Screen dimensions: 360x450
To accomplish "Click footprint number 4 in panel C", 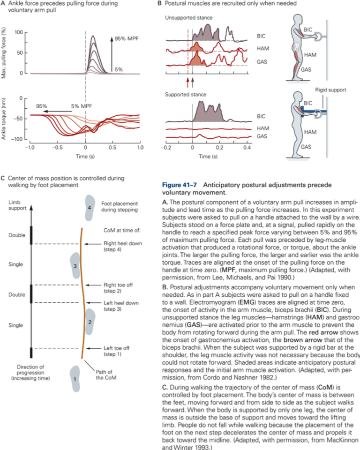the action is pos(90,208).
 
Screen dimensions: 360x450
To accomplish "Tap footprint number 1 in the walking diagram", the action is pos(75,379).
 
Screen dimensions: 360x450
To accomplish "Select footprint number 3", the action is pos(75,266).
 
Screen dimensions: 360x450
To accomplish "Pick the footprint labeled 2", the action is pos(90,322).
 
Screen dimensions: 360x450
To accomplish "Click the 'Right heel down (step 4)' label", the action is pos(123,246).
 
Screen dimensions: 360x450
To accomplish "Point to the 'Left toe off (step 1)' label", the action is pos(117,351).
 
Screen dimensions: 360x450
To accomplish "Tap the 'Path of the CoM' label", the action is pos(106,375).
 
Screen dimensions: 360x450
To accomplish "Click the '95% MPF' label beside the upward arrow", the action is pos(127,38).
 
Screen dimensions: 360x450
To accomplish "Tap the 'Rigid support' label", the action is pos(330,90).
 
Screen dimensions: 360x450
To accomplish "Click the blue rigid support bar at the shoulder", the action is pos(314,112).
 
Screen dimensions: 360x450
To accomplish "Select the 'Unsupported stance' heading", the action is pos(188,17).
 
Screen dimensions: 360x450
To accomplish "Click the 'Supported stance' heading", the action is pos(186,94).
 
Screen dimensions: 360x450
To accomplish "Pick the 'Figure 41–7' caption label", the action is pos(180,185).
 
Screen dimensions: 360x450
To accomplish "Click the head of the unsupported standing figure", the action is pos(297,20).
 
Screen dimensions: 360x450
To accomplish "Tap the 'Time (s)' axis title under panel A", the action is pos(85,157).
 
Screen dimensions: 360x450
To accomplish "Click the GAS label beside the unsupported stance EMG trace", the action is pos(262,62).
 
